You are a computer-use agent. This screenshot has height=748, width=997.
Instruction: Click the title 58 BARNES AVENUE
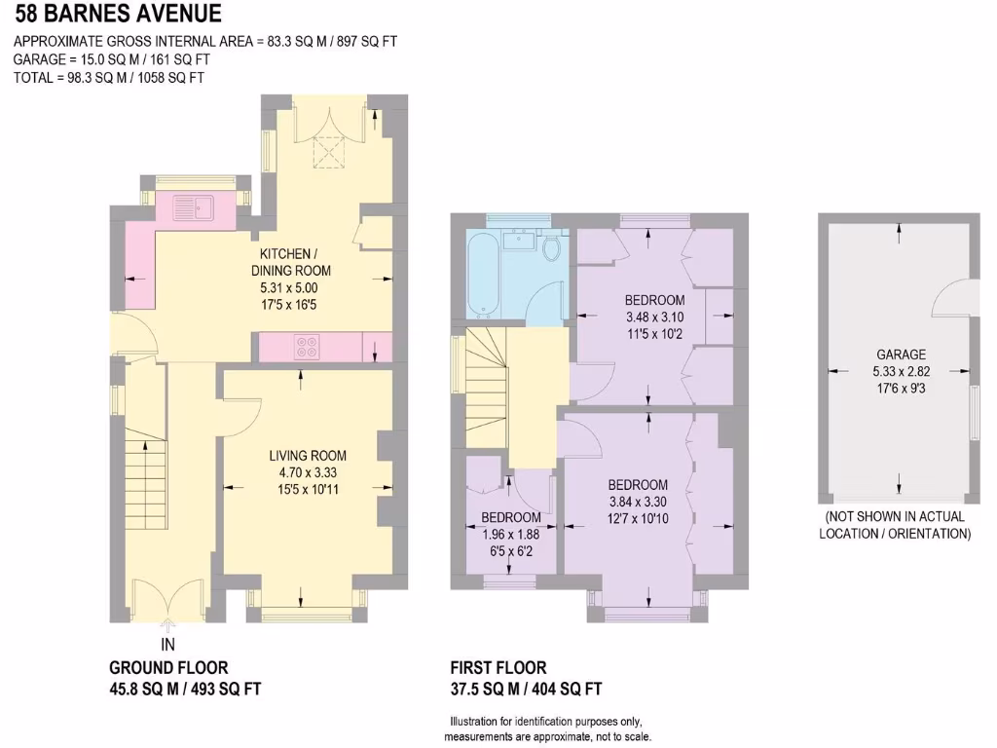(x=117, y=15)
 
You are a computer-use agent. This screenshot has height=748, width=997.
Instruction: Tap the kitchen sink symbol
(x=193, y=206)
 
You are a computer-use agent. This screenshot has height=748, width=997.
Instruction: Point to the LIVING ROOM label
(x=308, y=456)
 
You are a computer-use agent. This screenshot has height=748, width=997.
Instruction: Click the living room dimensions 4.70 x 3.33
(x=308, y=472)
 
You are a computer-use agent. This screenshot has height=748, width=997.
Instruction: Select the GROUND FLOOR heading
(x=168, y=668)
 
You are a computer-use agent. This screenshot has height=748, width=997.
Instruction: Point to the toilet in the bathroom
(x=552, y=247)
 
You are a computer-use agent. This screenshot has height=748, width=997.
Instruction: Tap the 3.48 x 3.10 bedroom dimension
(x=654, y=317)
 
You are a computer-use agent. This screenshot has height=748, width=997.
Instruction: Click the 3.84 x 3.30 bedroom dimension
(x=638, y=502)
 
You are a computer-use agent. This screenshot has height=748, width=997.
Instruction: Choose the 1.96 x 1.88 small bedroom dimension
(x=510, y=534)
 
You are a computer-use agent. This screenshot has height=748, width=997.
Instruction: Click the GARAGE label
(x=901, y=355)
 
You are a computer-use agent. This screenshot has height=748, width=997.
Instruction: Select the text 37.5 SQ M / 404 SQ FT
(x=526, y=690)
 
